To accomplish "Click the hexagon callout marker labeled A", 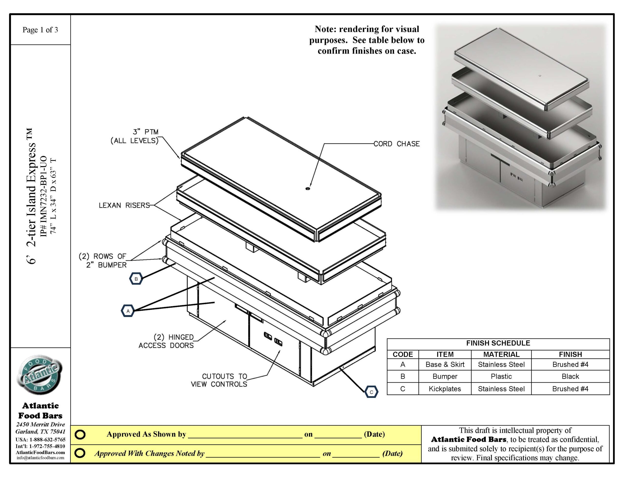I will (x=128, y=311).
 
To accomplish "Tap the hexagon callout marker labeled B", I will (x=136, y=279).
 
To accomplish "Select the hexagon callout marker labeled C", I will (x=371, y=392).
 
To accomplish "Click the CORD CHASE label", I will (x=397, y=144).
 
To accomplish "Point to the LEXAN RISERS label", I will (x=124, y=205).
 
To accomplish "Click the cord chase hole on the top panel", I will (x=307, y=189).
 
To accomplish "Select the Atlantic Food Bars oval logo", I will (x=40, y=375).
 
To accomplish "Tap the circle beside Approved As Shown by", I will (x=80, y=434).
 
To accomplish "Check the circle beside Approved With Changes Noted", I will (x=80, y=453).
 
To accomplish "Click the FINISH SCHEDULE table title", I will (x=498, y=343).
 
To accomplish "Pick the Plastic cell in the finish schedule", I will (x=501, y=376).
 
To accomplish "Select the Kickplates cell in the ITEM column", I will (x=445, y=389).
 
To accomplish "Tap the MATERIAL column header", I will (x=501, y=355).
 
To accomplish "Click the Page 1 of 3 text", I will (x=40, y=30).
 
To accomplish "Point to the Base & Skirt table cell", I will (x=445, y=365).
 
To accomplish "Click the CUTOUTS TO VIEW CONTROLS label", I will (x=219, y=380).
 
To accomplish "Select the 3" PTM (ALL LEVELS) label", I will (x=135, y=136).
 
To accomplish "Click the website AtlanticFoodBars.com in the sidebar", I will (x=40, y=453).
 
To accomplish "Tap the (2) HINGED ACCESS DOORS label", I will (x=166, y=341).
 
